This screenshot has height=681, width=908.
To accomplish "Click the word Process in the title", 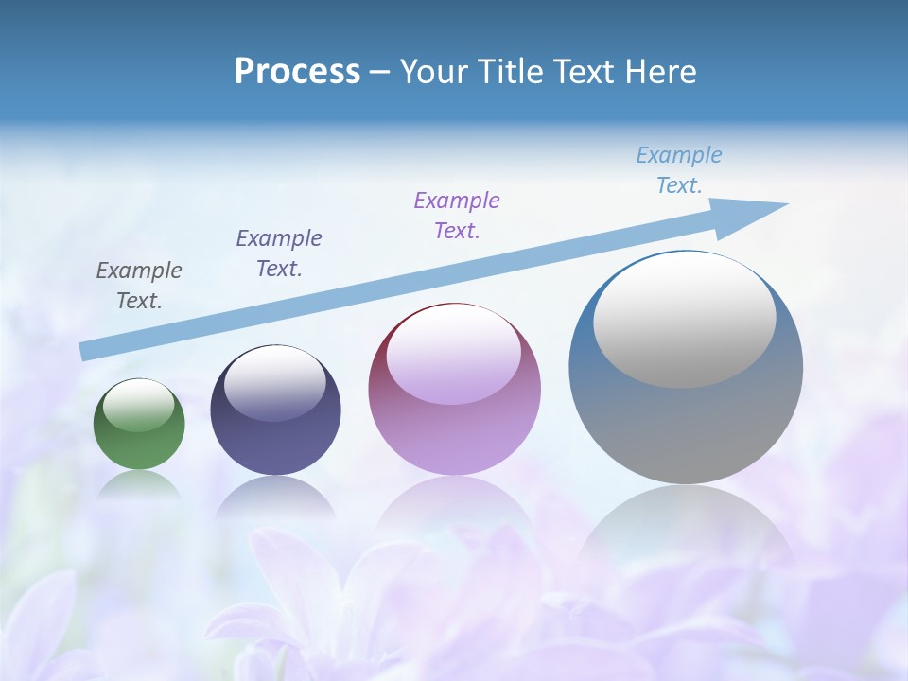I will [297, 72].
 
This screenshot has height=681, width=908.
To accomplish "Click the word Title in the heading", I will [508, 72].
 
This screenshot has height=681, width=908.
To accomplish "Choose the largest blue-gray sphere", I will [686, 416].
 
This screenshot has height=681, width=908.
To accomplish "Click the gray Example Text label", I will [139, 286].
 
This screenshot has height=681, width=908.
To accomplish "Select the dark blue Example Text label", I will [279, 253].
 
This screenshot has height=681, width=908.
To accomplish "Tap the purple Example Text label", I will [457, 215].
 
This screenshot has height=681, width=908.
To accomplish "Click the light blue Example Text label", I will [679, 170].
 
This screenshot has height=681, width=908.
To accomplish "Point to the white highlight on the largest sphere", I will [684, 320].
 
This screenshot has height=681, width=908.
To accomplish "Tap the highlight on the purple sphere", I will [453, 355].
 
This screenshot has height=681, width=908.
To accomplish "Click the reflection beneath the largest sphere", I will [686, 530].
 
